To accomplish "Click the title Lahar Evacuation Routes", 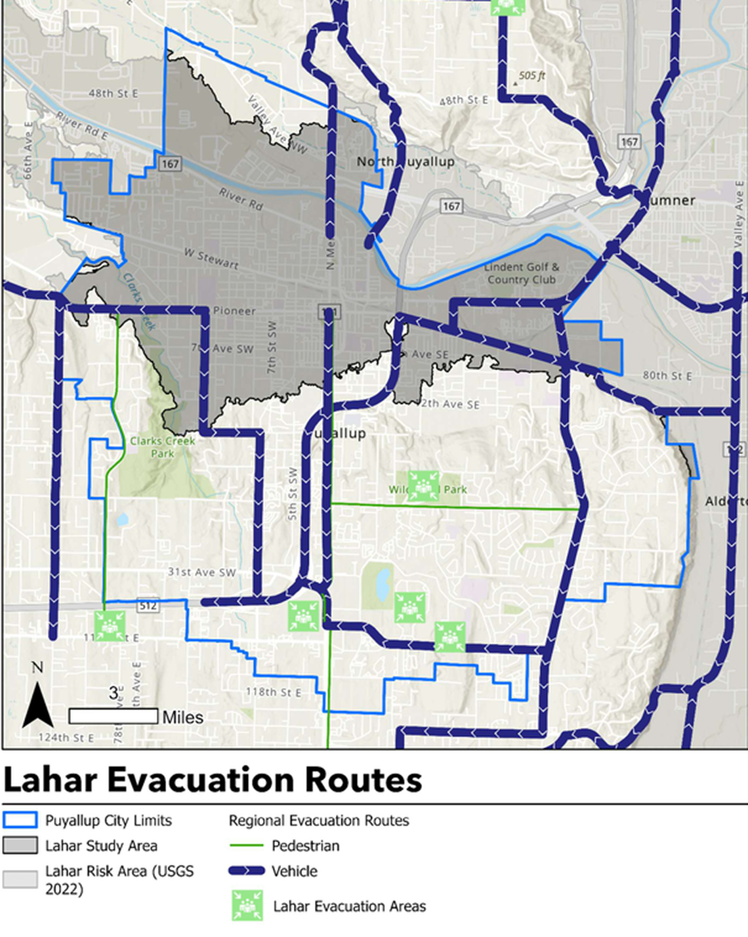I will [x=213, y=780].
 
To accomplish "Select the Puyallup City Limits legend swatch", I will [x=20, y=820].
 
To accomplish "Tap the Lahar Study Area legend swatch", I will [x=20, y=846].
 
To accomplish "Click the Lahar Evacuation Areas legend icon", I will [x=247, y=906].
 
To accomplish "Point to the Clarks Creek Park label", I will [x=162, y=447].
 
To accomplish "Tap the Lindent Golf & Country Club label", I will [x=522, y=273].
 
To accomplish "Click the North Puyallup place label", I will [x=405, y=161].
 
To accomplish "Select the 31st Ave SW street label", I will [x=201, y=572].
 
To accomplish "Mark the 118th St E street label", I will [x=274, y=692].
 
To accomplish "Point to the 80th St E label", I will [x=667, y=375].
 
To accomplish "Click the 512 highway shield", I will [x=148, y=606].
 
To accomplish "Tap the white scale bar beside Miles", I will [x=113, y=716].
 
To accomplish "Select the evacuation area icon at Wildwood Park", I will [x=423, y=486].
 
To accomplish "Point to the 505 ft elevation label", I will [x=531, y=75].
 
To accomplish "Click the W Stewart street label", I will [x=211, y=258].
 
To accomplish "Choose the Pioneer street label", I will [x=234, y=311].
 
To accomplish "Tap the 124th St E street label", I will [x=66, y=738].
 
